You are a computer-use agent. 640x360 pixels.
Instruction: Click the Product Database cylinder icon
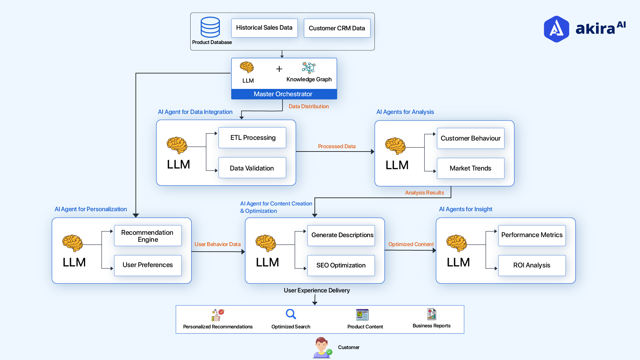click(x=210, y=27)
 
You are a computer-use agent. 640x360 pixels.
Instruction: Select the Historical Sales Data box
click(x=264, y=28)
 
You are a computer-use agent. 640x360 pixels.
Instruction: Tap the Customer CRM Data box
click(x=337, y=28)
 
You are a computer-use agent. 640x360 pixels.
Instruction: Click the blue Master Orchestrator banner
click(x=284, y=94)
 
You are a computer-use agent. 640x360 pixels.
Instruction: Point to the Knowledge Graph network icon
click(x=309, y=68)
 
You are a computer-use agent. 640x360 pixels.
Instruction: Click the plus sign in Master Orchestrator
click(x=279, y=69)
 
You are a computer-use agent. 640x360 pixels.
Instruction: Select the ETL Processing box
click(x=252, y=138)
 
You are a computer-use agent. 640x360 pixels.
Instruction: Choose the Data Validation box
click(x=252, y=168)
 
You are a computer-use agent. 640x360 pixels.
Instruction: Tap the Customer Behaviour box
click(x=470, y=138)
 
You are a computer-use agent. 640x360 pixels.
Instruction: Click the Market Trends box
click(x=470, y=168)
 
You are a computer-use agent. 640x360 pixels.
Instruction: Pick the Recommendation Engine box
click(x=148, y=236)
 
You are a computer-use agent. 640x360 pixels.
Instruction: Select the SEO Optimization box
click(x=341, y=265)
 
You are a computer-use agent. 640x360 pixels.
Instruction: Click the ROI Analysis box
click(x=532, y=265)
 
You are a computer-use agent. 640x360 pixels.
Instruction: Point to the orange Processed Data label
click(x=336, y=146)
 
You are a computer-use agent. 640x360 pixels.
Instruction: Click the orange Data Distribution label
click(x=309, y=106)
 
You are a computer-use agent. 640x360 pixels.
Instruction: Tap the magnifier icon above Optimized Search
click(x=291, y=314)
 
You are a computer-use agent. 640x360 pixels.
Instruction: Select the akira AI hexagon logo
click(x=556, y=29)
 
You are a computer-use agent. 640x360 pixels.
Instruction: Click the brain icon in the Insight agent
click(x=456, y=243)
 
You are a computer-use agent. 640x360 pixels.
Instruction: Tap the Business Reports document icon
click(x=431, y=314)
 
